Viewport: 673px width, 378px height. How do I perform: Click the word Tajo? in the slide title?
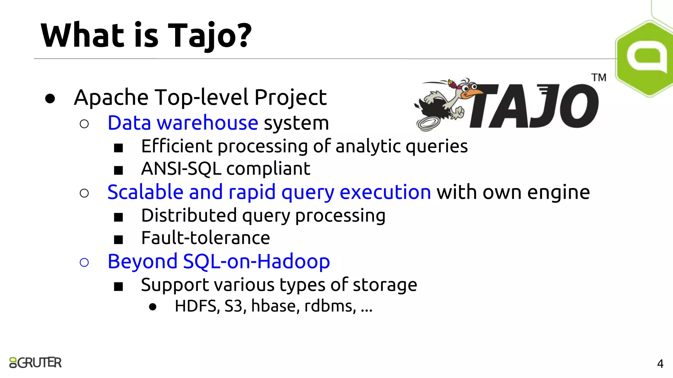click(210, 35)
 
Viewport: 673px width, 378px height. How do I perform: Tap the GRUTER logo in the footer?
click(35, 363)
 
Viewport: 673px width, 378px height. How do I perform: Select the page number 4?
click(660, 364)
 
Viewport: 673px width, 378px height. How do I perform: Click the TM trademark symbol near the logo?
click(599, 78)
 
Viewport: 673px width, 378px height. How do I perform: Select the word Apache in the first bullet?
click(111, 97)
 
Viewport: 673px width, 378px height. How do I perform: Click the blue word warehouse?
click(207, 123)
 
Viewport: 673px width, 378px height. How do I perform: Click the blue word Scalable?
click(145, 192)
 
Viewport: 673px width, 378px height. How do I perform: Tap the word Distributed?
click(189, 215)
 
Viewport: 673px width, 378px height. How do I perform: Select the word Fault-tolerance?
click(205, 238)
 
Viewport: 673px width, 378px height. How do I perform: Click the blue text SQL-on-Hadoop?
click(256, 262)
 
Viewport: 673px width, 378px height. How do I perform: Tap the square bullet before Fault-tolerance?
click(118, 240)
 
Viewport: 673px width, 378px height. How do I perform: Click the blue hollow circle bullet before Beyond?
click(84, 262)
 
